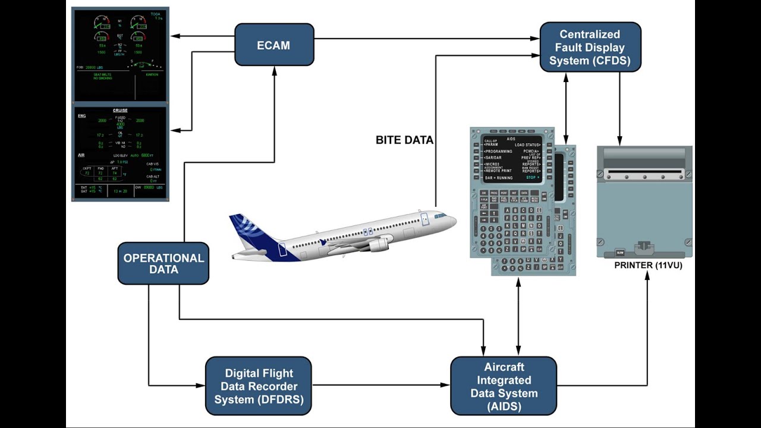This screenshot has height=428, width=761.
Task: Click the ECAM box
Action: coord(274,45)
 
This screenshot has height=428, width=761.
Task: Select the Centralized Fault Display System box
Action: coord(590,48)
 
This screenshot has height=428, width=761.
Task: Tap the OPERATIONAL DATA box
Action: coord(163,263)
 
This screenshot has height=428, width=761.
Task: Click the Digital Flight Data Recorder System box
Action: coord(259,386)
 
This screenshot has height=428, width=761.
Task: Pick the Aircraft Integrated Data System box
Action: coord(504,386)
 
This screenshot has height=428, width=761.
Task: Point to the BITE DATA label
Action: coord(404,140)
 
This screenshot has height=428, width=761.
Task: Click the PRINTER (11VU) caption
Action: coord(648,265)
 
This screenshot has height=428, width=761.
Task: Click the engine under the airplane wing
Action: coord(379,244)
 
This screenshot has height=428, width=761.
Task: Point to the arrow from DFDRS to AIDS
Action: coord(380,385)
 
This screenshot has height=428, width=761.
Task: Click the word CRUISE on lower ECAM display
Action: coord(120,111)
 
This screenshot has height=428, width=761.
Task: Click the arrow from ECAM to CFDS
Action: coord(425,39)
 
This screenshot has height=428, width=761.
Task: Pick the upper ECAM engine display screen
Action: coord(121,53)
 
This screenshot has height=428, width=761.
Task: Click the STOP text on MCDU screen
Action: coord(532,177)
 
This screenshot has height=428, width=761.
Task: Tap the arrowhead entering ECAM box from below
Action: coord(275,70)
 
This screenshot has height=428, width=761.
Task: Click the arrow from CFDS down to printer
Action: coord(620,107)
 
